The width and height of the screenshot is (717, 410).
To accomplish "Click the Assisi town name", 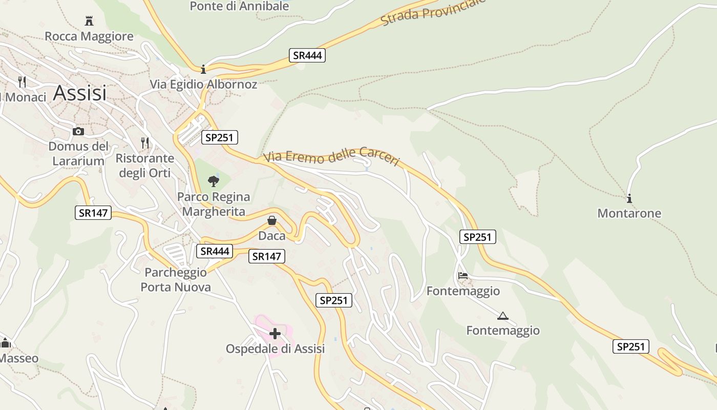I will (x=80, y=93).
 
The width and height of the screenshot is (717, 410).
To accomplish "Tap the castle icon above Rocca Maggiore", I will (x=89, y=21).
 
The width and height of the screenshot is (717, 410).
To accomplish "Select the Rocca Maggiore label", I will (x=89, y=36).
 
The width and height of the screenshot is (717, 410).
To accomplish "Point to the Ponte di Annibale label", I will (x=239, y=7).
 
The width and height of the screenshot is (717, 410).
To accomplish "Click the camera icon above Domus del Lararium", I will (x=78, y=132).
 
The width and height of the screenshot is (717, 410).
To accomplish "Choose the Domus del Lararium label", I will (x=78, y=154).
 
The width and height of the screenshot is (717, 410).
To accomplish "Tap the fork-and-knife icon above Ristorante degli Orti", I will (x=145, y=142).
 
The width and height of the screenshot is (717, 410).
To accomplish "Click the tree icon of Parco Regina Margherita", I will (x=214, y=181).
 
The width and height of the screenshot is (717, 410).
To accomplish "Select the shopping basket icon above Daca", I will (x=272, y=220).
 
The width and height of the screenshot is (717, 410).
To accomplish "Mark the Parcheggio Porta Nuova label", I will (x=176, y=280).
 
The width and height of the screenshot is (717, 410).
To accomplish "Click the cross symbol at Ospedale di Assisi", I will (x=275, y=334).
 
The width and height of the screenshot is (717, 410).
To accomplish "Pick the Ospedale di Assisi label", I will (x=275, y=349).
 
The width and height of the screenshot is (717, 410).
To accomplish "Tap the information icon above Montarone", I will (x=629, y=198).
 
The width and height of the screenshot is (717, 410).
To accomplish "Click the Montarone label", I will (x=629, y=213).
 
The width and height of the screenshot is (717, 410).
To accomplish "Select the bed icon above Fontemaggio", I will (x=463, y=276).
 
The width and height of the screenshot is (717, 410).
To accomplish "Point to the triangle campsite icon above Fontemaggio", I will (x=502, y=316).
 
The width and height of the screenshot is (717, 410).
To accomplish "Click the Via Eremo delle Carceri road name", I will (x=332, y=156).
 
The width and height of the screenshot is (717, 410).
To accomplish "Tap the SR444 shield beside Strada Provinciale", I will (x=307, y=55).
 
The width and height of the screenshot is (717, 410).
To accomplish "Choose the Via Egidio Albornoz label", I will (x=203, y=84).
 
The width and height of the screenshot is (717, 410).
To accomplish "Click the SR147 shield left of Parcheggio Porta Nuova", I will (x=93, y=213).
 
